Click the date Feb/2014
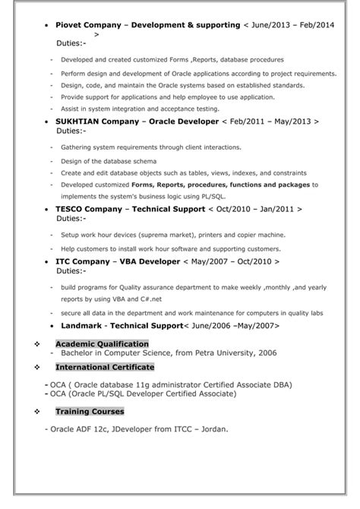tap(314, 25)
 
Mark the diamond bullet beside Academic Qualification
tap(36, 343)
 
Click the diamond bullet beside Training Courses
tap(36, 411)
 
